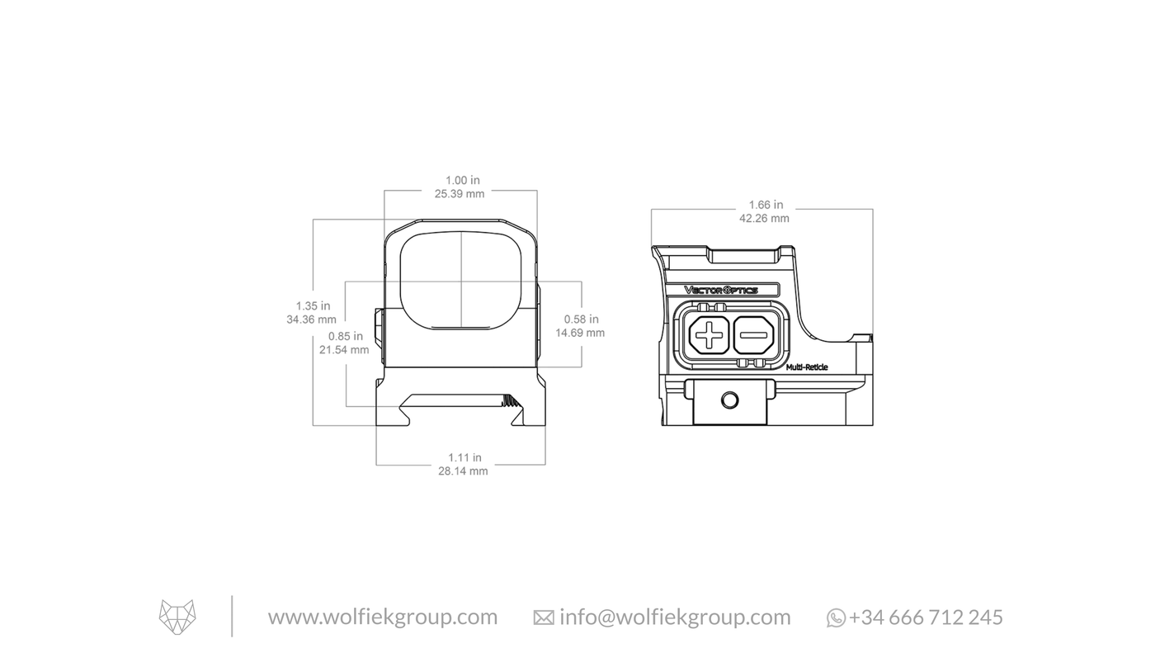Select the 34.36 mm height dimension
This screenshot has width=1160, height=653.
point(312,319)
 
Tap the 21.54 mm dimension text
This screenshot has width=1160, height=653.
point(345,350)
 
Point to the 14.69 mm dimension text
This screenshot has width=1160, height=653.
point(580,333)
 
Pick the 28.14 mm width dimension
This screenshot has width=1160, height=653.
point(464,471)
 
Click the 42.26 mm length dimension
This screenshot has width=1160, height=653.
point(764,219)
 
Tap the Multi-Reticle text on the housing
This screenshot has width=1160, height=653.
point(807,367)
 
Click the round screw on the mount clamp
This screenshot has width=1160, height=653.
point(729,401)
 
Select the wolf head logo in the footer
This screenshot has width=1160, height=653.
point(177,618)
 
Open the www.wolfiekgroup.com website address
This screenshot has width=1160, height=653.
point(383,618)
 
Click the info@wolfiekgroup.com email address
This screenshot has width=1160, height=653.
point(675,618)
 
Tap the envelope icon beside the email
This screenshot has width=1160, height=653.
point(544,618)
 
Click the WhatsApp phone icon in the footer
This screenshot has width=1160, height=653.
point(836,618)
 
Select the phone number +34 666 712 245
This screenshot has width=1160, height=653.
point(926,618)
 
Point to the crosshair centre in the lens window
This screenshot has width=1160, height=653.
point(461,282)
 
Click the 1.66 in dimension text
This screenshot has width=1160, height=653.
point(766,205)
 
